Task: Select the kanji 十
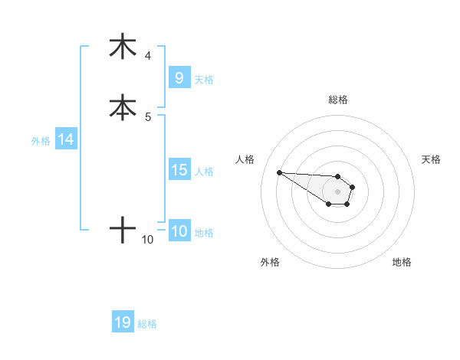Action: point(123,229)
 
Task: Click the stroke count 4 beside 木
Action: point(148,56)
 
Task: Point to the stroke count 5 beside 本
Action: point(148,116)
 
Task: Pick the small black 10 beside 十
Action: point(148,240)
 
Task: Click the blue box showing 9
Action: point(179,78)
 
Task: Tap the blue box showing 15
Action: point(179,170)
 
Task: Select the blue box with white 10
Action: point(179,231)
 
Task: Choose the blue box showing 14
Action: point(66,139)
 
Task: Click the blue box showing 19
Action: point(123,322)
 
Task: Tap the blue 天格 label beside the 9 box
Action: point(204,79)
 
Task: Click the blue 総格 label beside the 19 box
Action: point(147,324)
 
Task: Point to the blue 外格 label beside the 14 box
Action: point(41,140)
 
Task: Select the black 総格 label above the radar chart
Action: point(338,100)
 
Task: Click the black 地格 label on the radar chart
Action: point(402,262)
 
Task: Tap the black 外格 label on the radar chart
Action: point(271,262)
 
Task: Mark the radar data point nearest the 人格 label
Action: point(279,172)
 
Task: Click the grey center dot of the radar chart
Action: point(337,191)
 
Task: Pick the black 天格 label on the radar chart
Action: point(431,159)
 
